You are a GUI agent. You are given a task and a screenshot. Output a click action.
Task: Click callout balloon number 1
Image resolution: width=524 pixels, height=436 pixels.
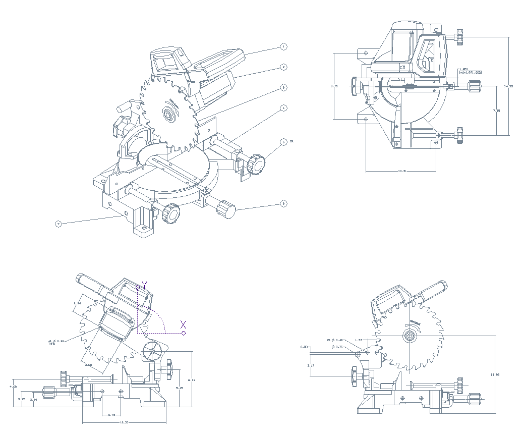283,47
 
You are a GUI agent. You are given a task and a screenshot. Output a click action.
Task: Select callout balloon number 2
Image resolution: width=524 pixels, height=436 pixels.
283,67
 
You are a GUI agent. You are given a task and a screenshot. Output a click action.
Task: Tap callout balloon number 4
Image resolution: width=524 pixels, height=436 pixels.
283,108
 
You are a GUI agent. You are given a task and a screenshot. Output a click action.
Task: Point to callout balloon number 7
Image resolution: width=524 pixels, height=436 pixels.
59,224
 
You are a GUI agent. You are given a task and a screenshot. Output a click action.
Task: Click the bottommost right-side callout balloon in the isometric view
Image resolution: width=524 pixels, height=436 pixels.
283,204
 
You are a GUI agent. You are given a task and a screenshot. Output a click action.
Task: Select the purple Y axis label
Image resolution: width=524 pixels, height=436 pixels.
144,285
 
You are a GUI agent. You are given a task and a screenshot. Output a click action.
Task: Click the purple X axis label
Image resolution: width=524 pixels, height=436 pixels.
184,324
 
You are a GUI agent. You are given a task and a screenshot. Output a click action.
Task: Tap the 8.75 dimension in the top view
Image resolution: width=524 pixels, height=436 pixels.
334,86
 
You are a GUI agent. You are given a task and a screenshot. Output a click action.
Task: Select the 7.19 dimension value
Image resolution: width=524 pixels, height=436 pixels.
496,111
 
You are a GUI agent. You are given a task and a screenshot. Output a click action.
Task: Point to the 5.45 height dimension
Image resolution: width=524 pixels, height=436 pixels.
179,388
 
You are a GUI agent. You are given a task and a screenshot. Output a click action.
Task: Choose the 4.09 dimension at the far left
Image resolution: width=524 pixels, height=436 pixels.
13,387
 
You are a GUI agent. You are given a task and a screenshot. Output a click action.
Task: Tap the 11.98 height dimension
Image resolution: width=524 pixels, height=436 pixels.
495,374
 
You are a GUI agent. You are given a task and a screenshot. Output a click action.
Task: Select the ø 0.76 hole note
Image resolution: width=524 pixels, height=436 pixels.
337,347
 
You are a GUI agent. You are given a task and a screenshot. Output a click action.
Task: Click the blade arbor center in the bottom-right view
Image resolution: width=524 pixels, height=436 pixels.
409,335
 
